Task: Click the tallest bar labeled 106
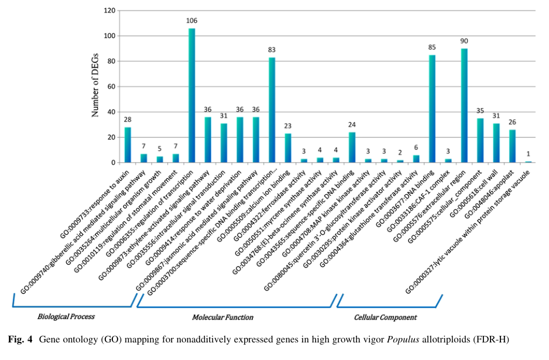click(x=191, y=95)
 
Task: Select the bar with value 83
click(x=272, y=110)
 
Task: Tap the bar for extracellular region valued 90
click(x=464, y=105)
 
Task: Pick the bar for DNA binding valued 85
click(x=432, y=109)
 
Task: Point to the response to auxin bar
click(x=127, y=145)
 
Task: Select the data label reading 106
click(x=191, y=21)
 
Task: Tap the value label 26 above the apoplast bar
click(x=512, y=123)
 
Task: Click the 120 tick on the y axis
click(x=109, y=11)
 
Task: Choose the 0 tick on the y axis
click(x=114, y=162)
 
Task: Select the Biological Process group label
click(x=66, y=317)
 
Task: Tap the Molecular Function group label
click(x=222, y=317)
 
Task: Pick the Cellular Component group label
click(x=385, y=317)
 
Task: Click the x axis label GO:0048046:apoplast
click(x=486, y=194)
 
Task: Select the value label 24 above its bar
click(x=352, y=125)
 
